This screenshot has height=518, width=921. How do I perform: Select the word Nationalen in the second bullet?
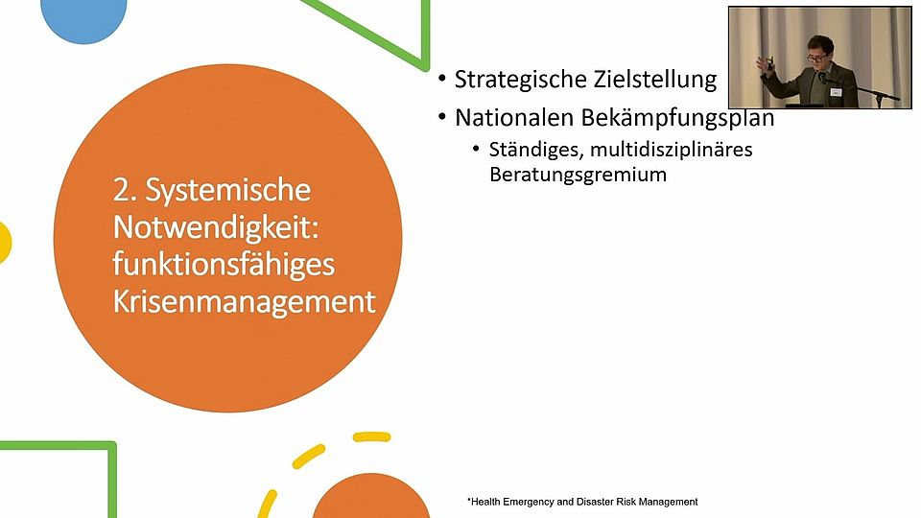(513, 118)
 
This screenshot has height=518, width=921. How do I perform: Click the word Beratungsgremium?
(578, 176)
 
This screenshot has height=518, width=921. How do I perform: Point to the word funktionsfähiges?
(224, 265)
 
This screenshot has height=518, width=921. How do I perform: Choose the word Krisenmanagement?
(244, 302)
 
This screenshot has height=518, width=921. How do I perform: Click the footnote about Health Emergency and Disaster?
(582, 502)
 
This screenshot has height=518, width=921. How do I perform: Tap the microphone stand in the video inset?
(872, 93)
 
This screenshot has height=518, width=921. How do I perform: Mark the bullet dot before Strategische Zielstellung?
(441, 81)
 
